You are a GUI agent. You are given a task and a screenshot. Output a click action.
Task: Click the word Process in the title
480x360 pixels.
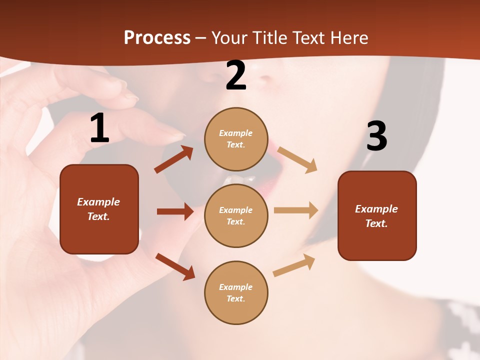pyautogui.click(x=157, y=38)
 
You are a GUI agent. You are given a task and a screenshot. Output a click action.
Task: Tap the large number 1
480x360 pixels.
pyautogui.click(x=99, y=128)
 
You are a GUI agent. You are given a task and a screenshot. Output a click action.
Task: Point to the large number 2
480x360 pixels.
pyautogui.click(x=236, y=76)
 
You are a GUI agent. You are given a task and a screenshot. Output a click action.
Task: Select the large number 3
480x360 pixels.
pyautogui.click(x=376, y=136)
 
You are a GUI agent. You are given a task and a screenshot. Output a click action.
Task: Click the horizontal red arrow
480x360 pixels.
pyautogui.click(x=175, y=211)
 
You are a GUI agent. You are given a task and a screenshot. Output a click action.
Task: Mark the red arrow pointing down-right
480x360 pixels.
pyautogui.click(x=175, y=266)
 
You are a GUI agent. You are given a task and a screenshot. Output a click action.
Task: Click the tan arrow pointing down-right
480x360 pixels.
pyautogui.click(x=297, y=159)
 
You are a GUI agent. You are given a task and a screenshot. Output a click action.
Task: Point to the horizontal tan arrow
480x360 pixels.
pyautogui.click(x=296, y=210)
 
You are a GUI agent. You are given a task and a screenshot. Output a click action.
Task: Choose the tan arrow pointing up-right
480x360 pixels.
pyautogui.click(x=294, y=265)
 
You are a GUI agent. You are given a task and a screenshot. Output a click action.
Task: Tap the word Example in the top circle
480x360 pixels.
pyautogui.click(x=236, y=133)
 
